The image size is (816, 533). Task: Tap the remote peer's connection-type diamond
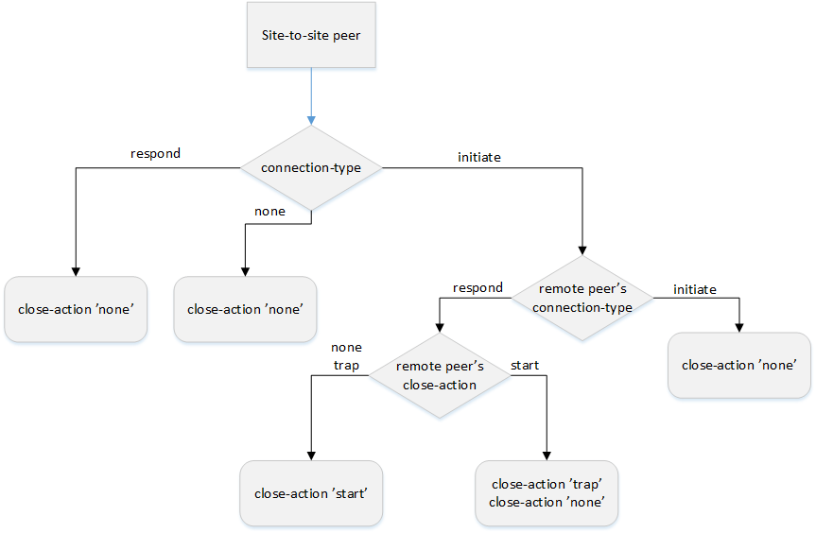[582, 299]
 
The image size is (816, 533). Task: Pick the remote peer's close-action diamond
[439, 375]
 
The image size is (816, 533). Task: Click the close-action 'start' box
[310, 493]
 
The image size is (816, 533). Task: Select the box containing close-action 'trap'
[547, 492]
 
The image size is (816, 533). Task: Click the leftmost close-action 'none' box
[75, 309]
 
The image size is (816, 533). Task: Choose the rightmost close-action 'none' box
[739, 365]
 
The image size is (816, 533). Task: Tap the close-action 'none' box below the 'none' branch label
[244, 309]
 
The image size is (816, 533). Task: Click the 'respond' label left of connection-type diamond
[154, 153]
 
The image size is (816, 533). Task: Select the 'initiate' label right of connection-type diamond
[478, 158]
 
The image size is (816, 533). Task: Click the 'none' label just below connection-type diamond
[269, 211]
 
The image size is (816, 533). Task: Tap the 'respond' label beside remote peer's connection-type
[477, 287]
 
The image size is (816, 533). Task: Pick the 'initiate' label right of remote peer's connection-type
[694, 289]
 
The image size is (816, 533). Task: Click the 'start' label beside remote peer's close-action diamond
[525, 364]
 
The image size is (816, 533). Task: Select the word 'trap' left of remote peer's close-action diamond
[346, 365]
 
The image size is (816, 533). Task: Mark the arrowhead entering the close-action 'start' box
[310, 455]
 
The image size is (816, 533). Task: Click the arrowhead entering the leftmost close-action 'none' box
[75, 270]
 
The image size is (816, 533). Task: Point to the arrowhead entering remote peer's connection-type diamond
[582, 249]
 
